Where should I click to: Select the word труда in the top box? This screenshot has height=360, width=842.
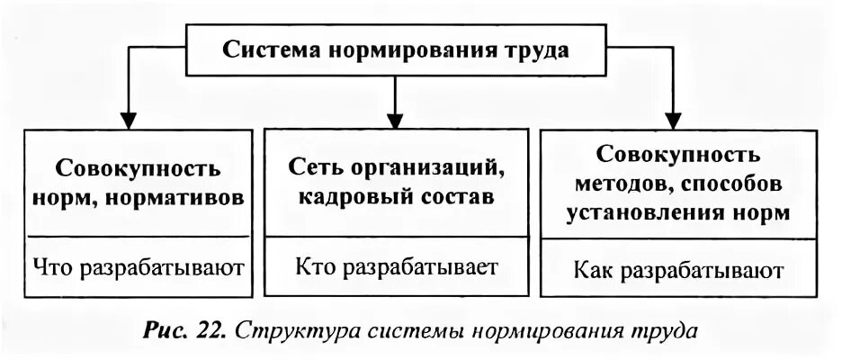[x=535, y=49]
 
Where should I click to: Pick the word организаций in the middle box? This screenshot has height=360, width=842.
[x=430, y=168]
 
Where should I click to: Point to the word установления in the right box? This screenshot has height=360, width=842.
[x=633, y=214]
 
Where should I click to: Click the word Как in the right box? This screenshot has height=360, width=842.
[x=593, y=270]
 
